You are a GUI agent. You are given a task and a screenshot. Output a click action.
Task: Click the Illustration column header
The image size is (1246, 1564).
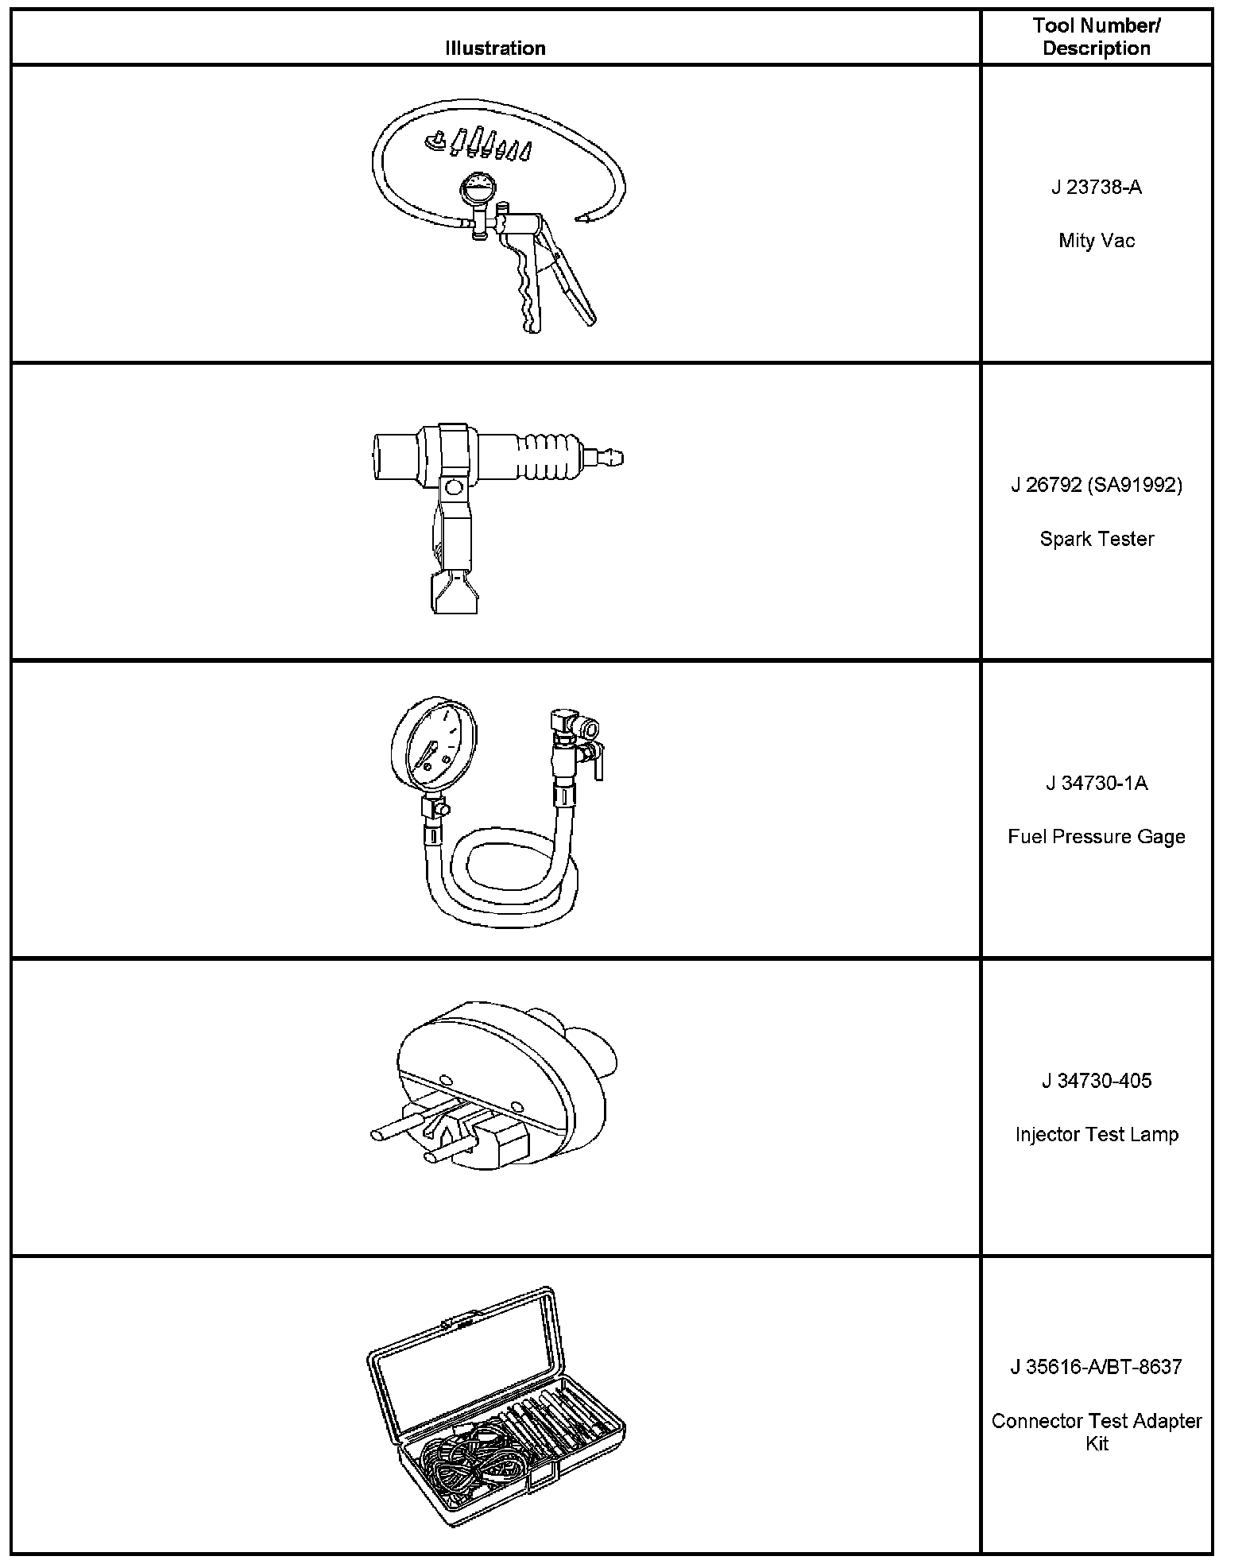(x=495, y=48)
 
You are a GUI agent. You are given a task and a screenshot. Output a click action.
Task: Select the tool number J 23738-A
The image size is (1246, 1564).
(x=1097, y=188)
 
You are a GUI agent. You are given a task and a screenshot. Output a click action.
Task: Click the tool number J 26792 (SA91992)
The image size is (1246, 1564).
(x=1097, y=485)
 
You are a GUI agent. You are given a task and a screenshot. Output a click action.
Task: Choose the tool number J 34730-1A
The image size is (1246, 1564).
(x=1097, y=784)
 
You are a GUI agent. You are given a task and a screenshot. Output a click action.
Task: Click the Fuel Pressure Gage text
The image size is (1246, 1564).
(x=1097, y=837)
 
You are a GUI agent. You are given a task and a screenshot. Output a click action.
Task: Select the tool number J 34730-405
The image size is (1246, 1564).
(x=1097, y=1081)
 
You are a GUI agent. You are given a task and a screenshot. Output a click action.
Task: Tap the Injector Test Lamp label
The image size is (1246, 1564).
(x=1097, y=1135)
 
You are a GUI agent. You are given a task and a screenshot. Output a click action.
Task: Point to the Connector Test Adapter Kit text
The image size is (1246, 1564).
(x=1097, y=1431)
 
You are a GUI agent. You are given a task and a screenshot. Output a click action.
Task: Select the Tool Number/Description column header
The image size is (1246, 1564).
(x=1097, y=37)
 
